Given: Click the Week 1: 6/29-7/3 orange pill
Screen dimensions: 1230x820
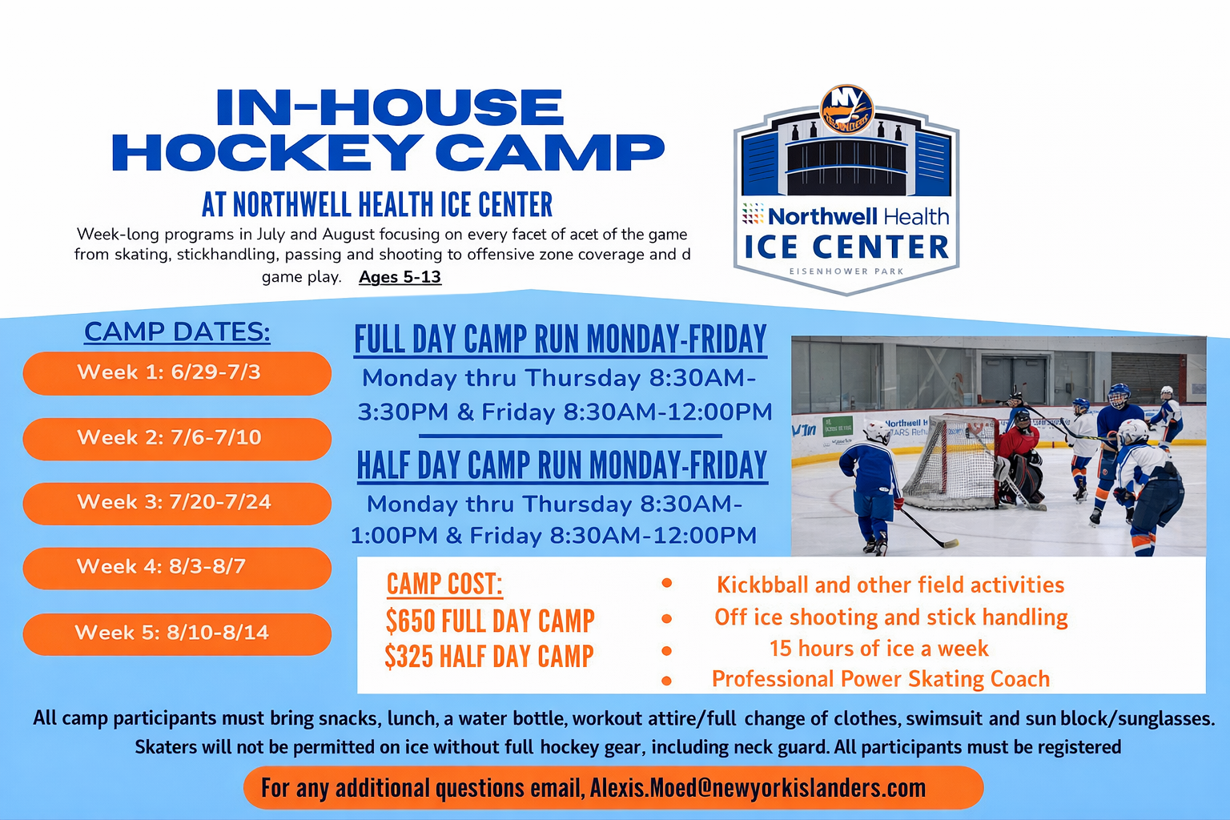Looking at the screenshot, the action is (x=177, y=373).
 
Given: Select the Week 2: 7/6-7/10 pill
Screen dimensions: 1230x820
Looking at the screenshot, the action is (x=177, y=438).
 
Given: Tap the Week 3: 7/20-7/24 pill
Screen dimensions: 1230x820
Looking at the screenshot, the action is (x=177, y=503).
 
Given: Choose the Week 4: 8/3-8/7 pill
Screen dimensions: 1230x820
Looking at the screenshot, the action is (x=177, y=568).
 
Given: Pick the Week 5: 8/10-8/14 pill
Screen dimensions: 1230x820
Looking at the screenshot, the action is (x=177, y=633).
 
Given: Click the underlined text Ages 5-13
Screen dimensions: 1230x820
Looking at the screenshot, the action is (x=400, y=277).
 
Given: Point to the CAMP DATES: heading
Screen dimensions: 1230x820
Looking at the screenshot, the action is (x=177, y=332).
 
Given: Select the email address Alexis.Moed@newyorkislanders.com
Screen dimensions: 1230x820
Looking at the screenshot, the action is (x=758, y=788).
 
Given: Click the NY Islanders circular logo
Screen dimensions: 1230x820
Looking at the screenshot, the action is (x=846, y=110).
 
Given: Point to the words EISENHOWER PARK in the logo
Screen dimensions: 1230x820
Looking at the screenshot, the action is (x=846, y=271).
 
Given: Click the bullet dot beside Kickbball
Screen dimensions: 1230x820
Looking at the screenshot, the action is (x=666, y=583).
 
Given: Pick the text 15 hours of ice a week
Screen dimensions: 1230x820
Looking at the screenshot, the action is (x=878, y=649).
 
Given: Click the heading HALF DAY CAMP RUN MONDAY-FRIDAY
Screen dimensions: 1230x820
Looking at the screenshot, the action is (x=562, y=466).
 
